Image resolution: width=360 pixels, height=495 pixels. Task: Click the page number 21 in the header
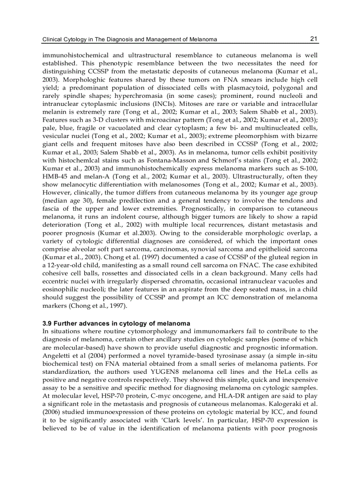point(314,39)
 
